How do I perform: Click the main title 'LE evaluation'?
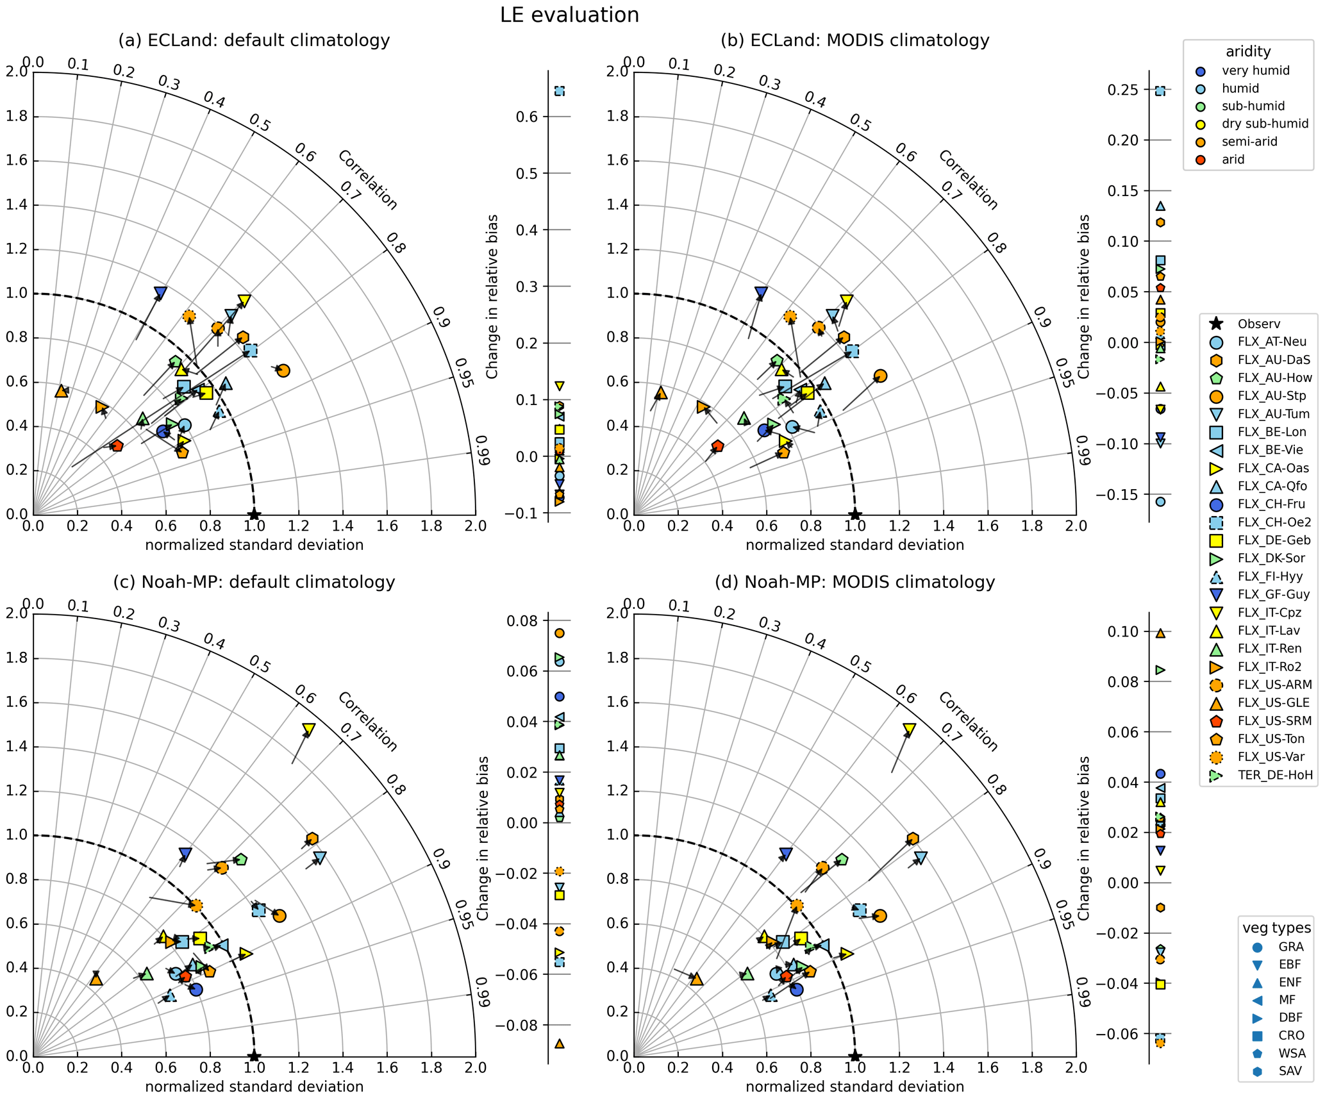click(569, 15)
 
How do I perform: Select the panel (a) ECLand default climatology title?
click(254, 40)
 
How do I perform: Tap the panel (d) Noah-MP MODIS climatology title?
click(854, 582)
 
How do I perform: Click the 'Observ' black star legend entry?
click(1256, 324)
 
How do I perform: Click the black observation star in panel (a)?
click(254, 514)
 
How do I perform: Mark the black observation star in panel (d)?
click(854, 1056)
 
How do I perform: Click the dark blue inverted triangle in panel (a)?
click(160, 293)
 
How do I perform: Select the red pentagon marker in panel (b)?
click(717, 445)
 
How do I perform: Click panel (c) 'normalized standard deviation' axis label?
click(254, 1086)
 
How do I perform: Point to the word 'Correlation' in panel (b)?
click(968, 180)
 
